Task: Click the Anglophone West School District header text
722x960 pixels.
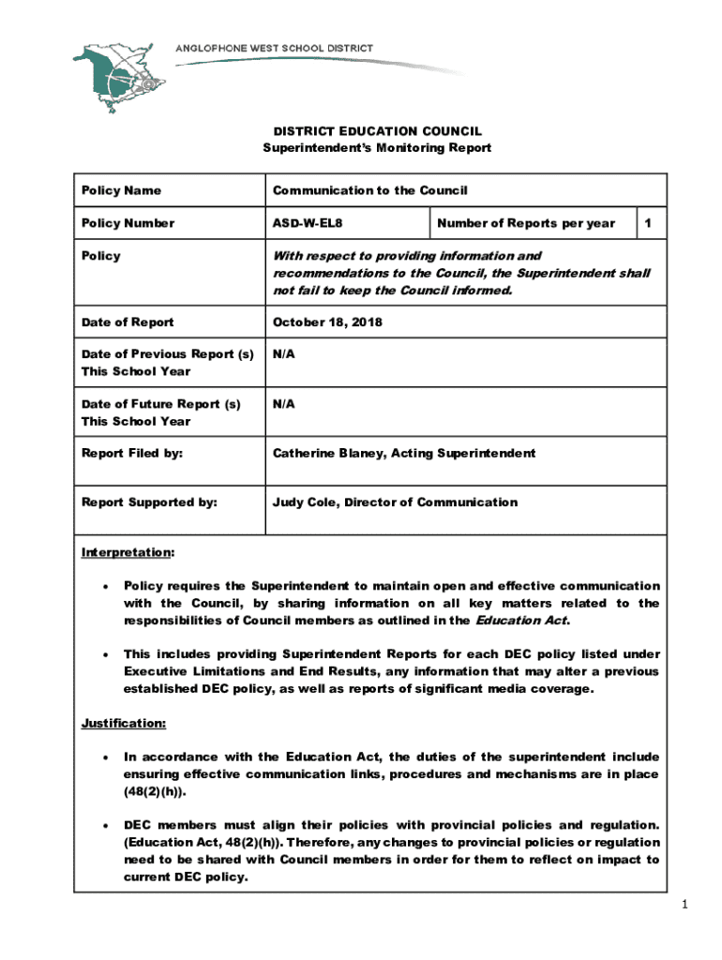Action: pyautogui.click(x=275, y=49)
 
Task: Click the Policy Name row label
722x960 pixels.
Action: pyautogui.click(x=121, y=190)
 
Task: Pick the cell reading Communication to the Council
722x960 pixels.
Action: pyautogui.click(x=369, y=190)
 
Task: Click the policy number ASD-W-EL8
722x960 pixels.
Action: pyautogui.click(x=301, y=223)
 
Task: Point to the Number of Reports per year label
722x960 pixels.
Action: pyautogui.click(x=526, y=223)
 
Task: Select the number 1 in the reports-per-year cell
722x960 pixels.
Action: pyautogui.click(x=646, y=223)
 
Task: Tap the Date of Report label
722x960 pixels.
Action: pyautogui.click(x=128, y=322)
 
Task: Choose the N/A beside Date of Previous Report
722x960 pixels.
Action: pyautogui.click(x=284, y=355)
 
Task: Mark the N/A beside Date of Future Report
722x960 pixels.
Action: pyautogui.click(x=284, y=404)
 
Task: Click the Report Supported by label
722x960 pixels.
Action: pyautogui.click(x=149, y=502)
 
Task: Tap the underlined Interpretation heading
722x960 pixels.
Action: pyautogui.click(x=117, y=551)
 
